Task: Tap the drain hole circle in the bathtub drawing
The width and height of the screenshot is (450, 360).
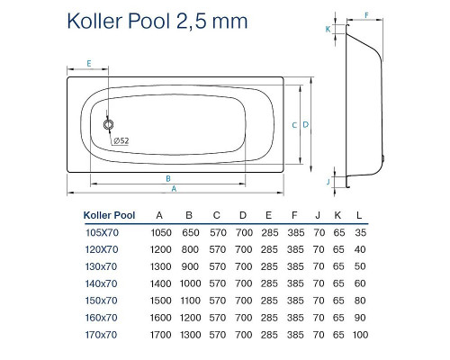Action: coord(109,126)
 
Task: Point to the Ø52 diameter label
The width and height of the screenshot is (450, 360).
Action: coord(121,140)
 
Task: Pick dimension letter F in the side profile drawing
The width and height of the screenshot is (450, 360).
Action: coord(366,14)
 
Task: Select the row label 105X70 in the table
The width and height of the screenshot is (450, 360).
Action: coord(101,232)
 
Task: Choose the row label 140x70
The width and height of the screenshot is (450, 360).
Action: coord(101,283)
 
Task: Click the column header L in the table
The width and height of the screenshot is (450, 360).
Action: coord(360,215)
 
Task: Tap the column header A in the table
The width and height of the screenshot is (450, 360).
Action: coord(159,215)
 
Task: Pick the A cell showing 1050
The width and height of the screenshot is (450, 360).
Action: coord(159,232)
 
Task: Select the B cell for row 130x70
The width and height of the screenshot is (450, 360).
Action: coord(188,265)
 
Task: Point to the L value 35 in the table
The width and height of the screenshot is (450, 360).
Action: coord(360,232)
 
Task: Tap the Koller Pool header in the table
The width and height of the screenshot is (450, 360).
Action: coord(109,215)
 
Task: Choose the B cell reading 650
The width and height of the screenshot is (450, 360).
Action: coord(188,232)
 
